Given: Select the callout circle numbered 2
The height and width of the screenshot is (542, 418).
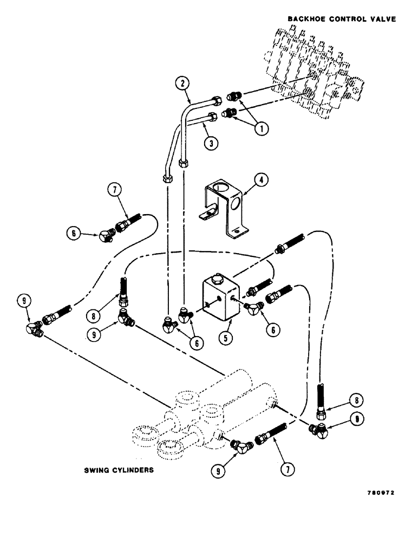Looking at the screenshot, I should [182, 83].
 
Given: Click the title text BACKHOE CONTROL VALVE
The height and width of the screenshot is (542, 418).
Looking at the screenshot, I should [342, 19].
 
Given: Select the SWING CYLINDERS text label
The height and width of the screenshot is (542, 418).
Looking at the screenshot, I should [119, 470].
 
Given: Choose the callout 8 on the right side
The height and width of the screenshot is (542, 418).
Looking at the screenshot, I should [355, 401].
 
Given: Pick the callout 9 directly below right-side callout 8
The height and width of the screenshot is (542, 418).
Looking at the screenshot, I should [355, 418].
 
